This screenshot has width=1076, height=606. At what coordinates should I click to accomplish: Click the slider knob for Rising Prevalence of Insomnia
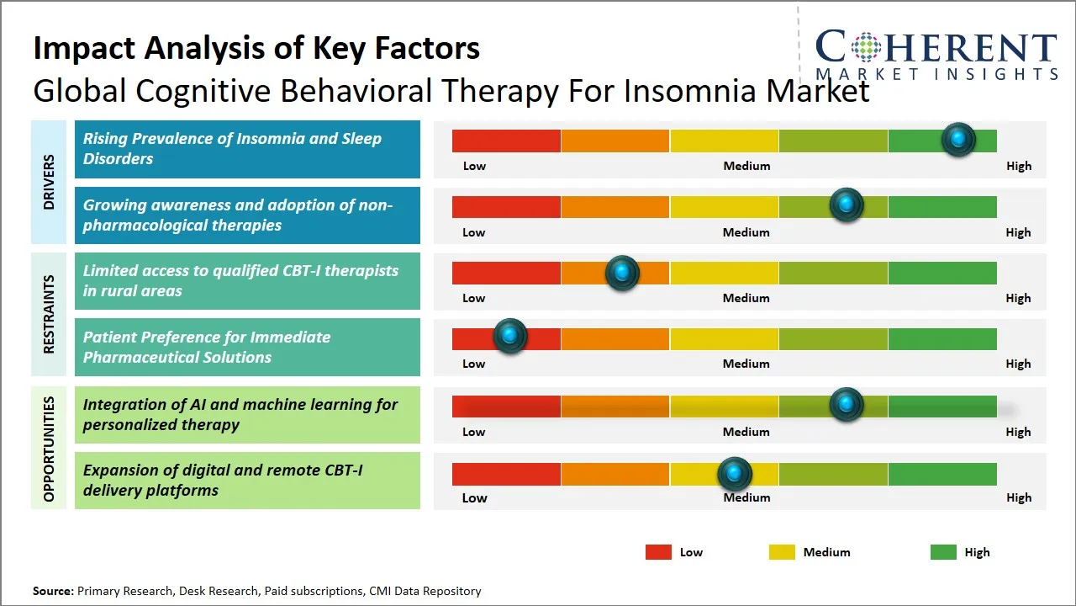pos(958,140)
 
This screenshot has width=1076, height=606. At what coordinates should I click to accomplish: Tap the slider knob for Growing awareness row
pos(847,205)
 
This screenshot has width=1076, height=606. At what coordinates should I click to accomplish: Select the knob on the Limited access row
pos(622,272)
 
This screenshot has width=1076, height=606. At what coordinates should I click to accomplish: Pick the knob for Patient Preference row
pos(509,337)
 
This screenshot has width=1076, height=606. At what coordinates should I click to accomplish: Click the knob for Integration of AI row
pos(847,405)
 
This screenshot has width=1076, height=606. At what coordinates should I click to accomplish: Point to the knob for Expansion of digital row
pos(735,474)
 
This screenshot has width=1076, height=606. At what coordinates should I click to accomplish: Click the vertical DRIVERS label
pos(49,182)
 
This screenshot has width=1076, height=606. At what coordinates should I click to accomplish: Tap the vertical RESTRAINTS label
pos(49,314)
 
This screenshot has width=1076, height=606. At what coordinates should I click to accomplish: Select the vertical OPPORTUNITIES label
pos(49,449)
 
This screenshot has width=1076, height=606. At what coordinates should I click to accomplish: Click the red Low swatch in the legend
pos(658,552)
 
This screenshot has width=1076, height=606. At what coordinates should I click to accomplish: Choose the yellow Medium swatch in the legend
pos(782,552)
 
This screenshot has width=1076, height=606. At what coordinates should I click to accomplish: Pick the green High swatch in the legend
pos(943,552)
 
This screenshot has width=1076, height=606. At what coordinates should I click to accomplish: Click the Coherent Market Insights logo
pos(936,54)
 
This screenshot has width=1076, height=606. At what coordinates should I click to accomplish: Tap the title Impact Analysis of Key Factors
pos(256,48)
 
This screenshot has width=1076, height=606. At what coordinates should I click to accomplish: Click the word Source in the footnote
pos(53,592)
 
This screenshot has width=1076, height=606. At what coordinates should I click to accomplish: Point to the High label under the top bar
pos(1019,166)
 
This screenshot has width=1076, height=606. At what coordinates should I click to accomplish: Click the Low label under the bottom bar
pos(474,497)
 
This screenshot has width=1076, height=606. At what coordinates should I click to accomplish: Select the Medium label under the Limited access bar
pos(746,298)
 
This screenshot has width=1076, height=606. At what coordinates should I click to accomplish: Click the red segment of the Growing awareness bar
pos(506,206)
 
